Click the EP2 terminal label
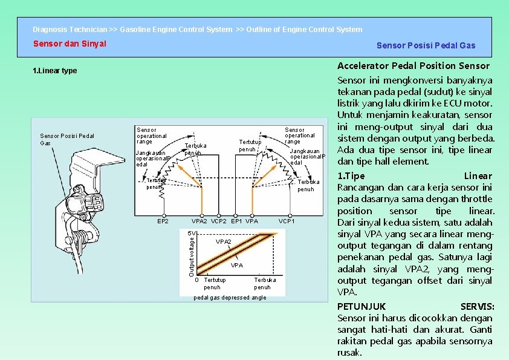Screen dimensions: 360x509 [x=163, y=221]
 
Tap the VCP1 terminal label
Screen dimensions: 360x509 [x=287, y=221]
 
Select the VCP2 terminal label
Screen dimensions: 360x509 [x=219, y=221]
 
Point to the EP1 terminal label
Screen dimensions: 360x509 [x=237, y=221]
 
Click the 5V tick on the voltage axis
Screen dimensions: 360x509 [x=190, y=234]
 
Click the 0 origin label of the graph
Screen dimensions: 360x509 [x=197, y=280]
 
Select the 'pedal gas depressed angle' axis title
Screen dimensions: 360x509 [x=230, y=298]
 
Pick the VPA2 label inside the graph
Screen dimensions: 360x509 [x=223, y=241]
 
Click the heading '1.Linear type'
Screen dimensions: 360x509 [x=54, y=71]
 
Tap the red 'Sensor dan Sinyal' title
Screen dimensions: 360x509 [x=70, y=44]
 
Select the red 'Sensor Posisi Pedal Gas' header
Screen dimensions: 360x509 [x=426, y=45]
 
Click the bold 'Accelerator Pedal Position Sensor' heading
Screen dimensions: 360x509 [x=413, y=65]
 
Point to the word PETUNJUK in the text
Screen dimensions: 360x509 [x=361, y=306]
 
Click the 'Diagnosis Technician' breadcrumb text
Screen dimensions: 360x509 [x=70, y=29]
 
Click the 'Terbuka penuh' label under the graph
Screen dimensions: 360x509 [x=265, y=284]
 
